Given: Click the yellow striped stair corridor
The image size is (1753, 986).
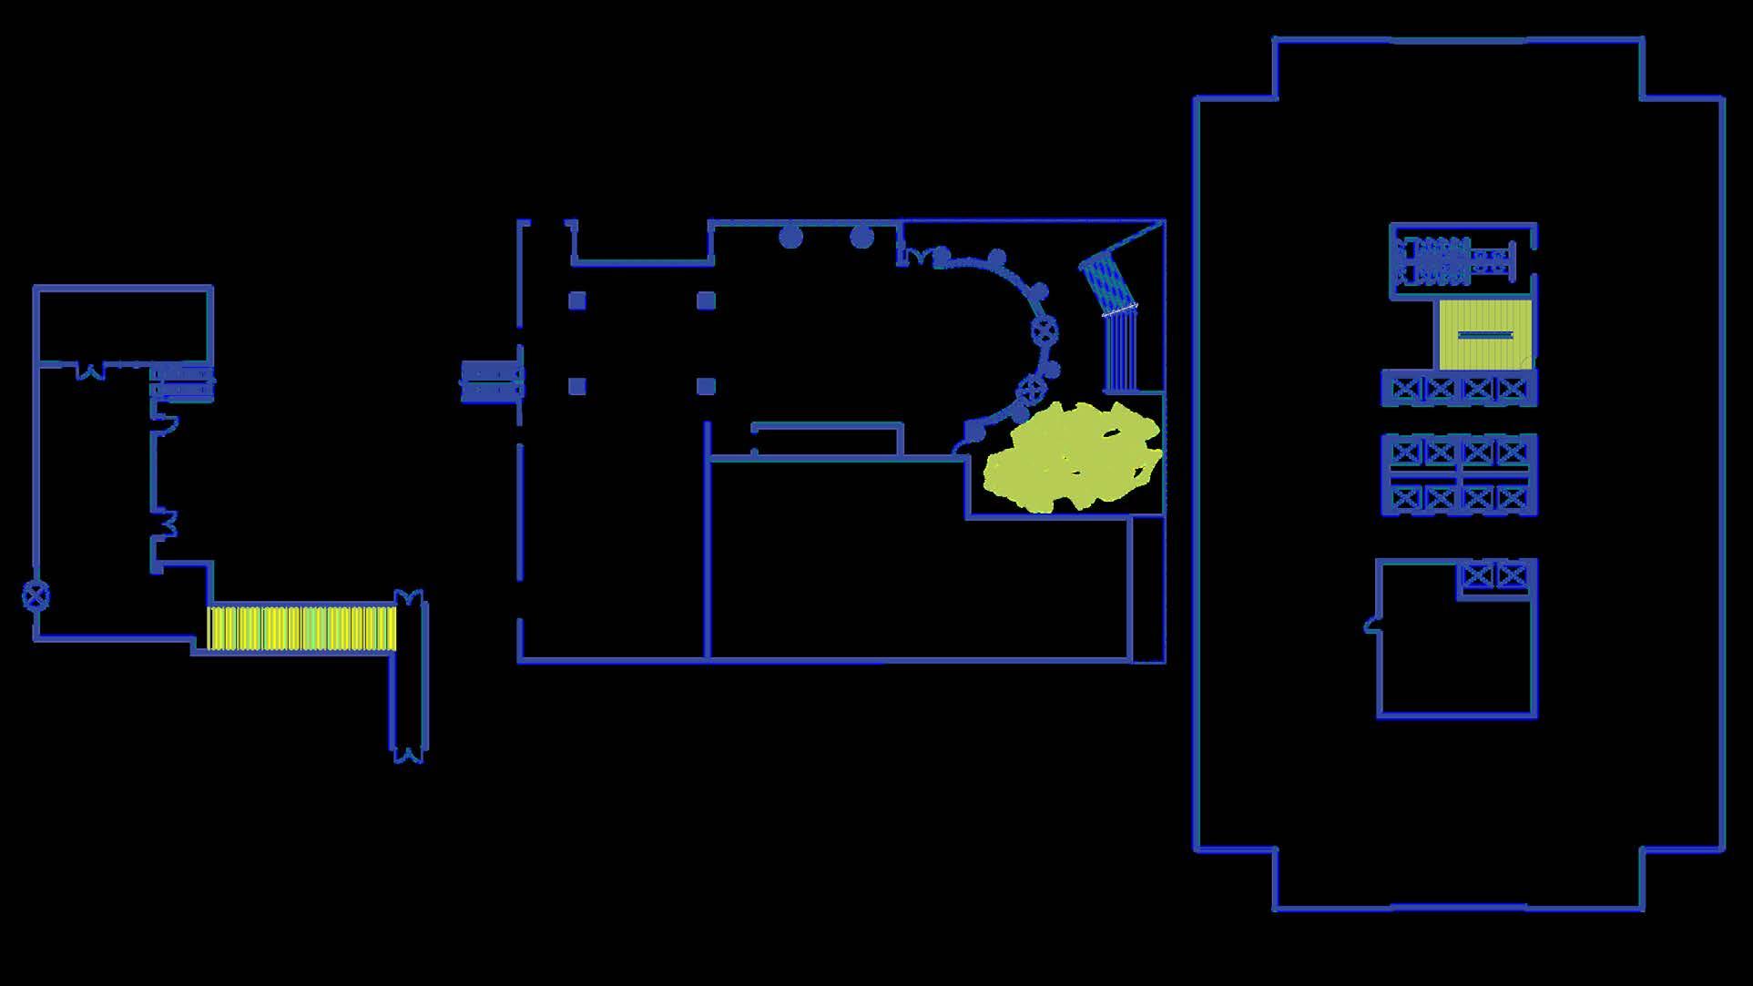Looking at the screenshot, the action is [x=301, y=628].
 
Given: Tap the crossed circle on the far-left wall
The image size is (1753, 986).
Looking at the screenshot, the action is [x=36, y=596].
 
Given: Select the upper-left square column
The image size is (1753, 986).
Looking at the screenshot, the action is [x=577, y=300].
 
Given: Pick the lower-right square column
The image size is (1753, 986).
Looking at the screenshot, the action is [x=706, y=386].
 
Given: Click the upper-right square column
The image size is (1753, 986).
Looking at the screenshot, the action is [x=706, y=300].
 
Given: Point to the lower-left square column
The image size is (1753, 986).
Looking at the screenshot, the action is [x=577, y=386].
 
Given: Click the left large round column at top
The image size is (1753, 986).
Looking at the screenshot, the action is [x=790, y=238].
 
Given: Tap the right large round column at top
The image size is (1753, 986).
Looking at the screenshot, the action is [x=861, y=238].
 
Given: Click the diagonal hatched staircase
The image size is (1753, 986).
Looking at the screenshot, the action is [x=1107, y=283].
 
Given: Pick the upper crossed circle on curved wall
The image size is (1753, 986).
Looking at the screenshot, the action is [x=1045, y=330].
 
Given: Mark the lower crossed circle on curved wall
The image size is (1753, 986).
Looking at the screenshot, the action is [x=1030, y=390].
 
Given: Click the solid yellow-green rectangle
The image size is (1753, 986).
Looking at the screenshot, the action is [x=1484, y=335].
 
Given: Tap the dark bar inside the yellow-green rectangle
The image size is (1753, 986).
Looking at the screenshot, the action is [x=1485, y=335].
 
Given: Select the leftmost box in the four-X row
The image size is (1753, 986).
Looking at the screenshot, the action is [x=1406, y=390].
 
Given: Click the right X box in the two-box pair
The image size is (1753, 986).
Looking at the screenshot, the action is [x=1512, y=575].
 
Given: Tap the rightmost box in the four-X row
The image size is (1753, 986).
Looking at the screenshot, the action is [x=1513, y=390].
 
